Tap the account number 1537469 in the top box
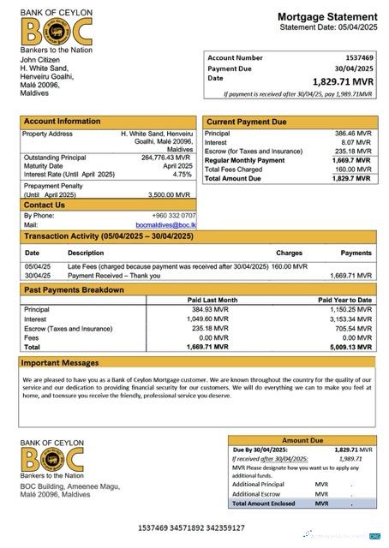(x=355, y=58)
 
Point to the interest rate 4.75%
(x=181, y=174)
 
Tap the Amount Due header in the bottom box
(x=302, y=439)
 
